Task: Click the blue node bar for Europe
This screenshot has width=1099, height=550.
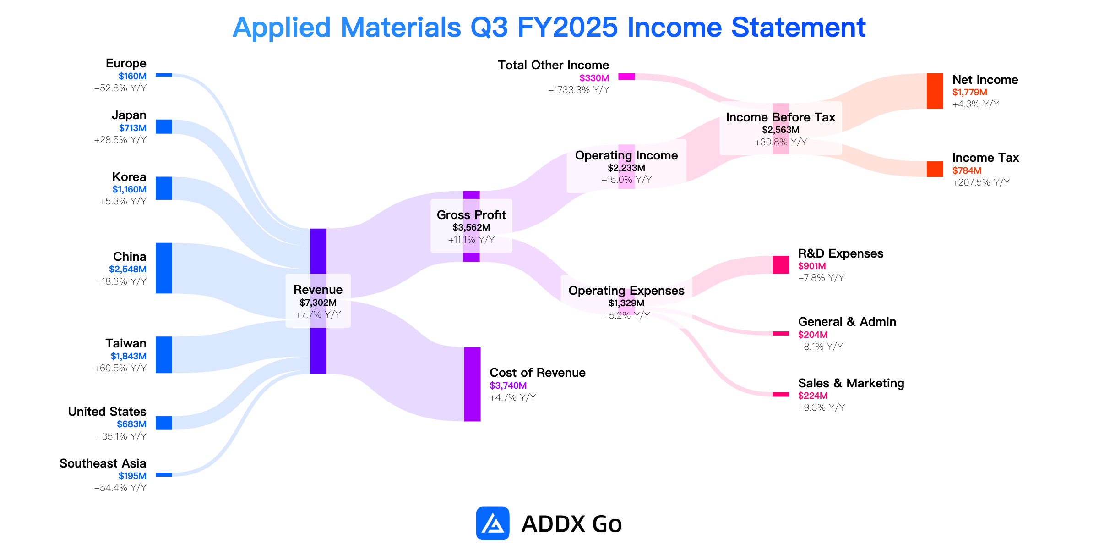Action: [164, 75]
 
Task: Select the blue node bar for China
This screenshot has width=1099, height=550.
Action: [164, 268]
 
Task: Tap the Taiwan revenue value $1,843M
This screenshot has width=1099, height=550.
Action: [129, 356]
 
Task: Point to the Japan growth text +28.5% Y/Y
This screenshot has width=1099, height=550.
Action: [120, 140]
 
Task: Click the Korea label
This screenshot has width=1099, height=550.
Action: [129, 177]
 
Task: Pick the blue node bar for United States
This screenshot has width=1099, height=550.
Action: [164, 423]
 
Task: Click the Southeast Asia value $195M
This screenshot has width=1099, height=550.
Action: [132, 476]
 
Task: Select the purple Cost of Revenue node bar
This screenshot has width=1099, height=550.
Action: [473, 384]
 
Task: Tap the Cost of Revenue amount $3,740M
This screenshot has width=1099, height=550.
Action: [508, 385]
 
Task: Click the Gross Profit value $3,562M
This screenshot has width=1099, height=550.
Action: [471, 227]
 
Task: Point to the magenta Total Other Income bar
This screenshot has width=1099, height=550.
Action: [626, 77]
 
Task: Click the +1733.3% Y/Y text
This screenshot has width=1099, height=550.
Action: [579, 90]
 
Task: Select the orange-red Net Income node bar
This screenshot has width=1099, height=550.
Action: [935, 91]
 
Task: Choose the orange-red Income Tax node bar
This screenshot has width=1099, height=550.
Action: [935, 169]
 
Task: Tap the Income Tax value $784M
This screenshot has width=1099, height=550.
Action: [967, 170]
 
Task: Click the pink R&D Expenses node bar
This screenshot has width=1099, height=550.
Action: [781, 265]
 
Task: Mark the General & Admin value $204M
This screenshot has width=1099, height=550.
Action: [813, 335]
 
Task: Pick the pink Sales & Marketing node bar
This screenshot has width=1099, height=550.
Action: [781, 395]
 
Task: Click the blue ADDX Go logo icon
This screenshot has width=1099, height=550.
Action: [493, 523]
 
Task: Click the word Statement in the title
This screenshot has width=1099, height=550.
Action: [798, 27]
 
